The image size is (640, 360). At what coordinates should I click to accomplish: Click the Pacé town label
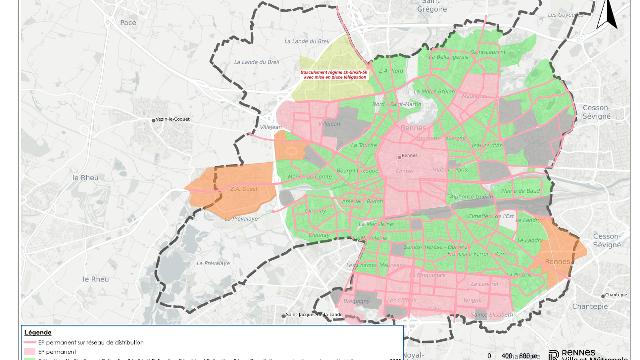(x=128, y=23)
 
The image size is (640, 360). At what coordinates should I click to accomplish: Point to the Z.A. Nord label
(x=391, y=71)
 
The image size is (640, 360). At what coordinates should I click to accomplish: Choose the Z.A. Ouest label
(x=244, y=189)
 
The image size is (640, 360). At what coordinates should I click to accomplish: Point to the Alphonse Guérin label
(x=471, y=197)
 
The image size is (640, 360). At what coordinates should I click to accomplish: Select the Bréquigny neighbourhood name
(x=357, y=301)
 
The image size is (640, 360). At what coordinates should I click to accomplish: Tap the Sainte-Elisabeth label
(x=492, y=315)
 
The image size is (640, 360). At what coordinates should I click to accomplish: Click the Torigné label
(x=472, y=300)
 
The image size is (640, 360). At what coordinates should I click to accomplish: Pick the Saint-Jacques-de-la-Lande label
(x=313, y=315)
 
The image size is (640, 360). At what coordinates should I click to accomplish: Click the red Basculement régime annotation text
(x=334, y=75)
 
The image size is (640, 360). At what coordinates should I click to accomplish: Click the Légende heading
(x=38, y=332)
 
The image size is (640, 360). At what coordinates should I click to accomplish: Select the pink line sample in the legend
(x=30, y=343)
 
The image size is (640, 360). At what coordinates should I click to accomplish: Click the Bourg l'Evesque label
(x=357, y=171)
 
